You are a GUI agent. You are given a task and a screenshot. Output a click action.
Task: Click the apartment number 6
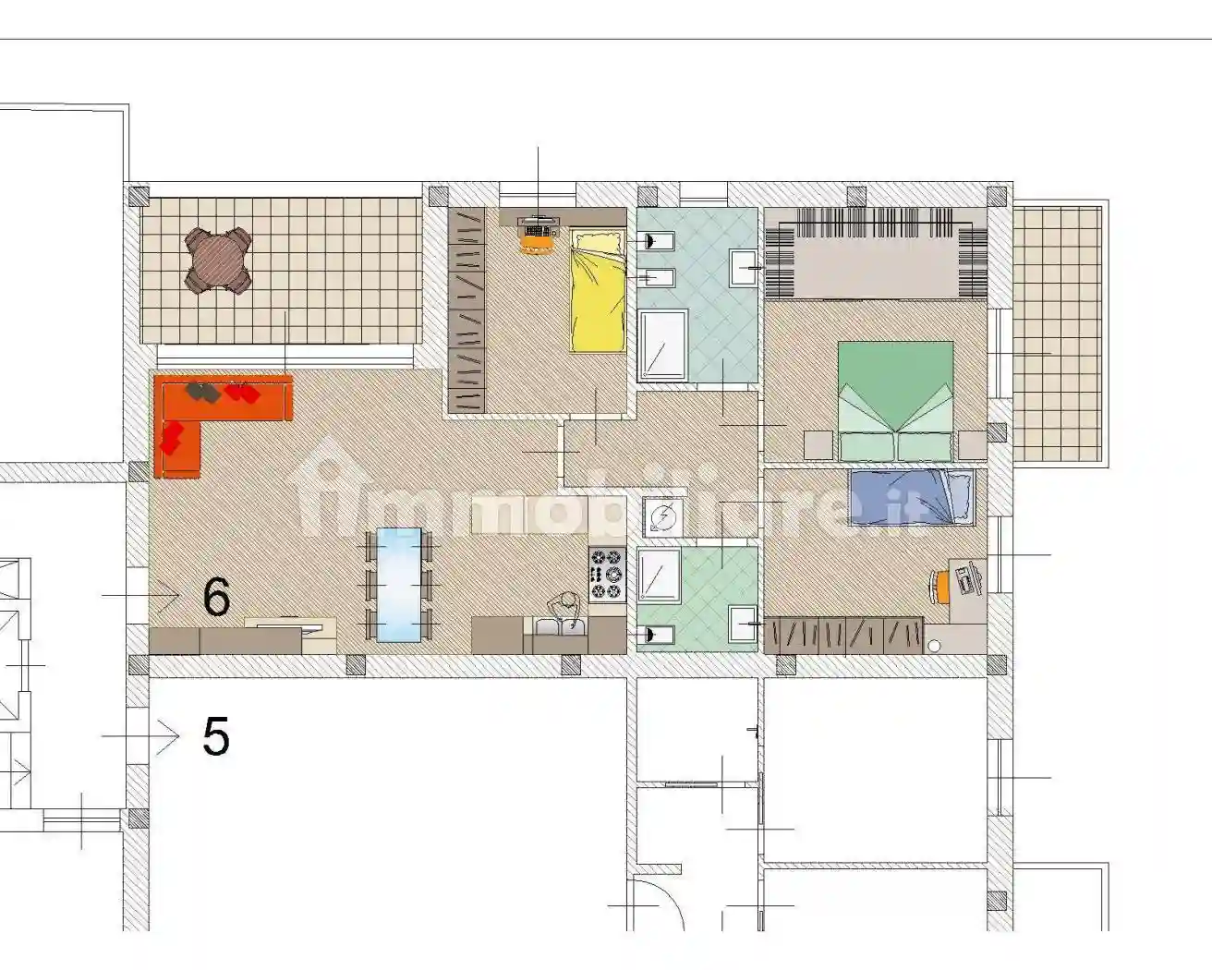point(216,598)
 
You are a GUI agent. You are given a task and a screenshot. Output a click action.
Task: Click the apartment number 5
point(215,737)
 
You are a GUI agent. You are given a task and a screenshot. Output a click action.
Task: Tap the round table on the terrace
point(219,261)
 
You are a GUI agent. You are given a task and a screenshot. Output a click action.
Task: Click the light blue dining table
point(398,584)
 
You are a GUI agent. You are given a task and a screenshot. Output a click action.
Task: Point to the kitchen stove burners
point(608,573)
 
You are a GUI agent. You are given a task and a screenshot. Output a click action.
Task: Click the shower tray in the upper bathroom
point(662,345)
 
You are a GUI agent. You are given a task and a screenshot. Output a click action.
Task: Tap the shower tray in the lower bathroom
point(660,575)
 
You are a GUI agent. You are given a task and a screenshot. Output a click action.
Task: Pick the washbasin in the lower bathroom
point(744,625)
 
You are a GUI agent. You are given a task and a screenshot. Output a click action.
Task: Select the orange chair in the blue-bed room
point(941,584)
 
